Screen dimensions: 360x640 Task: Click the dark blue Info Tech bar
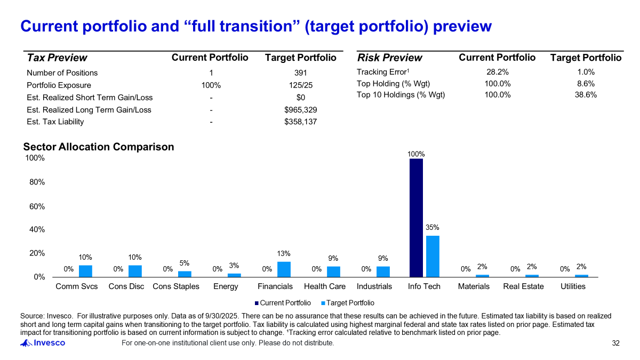(416, 218)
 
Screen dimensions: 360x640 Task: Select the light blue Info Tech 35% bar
(433, 256)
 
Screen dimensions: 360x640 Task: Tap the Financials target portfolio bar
(284, 269)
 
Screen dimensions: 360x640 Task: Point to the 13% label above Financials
(284, 253)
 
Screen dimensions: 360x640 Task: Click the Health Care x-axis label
(325, 286)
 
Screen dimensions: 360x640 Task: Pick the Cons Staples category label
(176, 286)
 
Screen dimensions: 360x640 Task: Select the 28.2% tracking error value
(497, 72)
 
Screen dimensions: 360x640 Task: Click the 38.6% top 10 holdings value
(586, 95)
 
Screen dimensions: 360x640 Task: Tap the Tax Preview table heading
(57, 58)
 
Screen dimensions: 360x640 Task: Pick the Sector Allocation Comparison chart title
(99, 147)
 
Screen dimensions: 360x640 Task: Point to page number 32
(616, 343)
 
